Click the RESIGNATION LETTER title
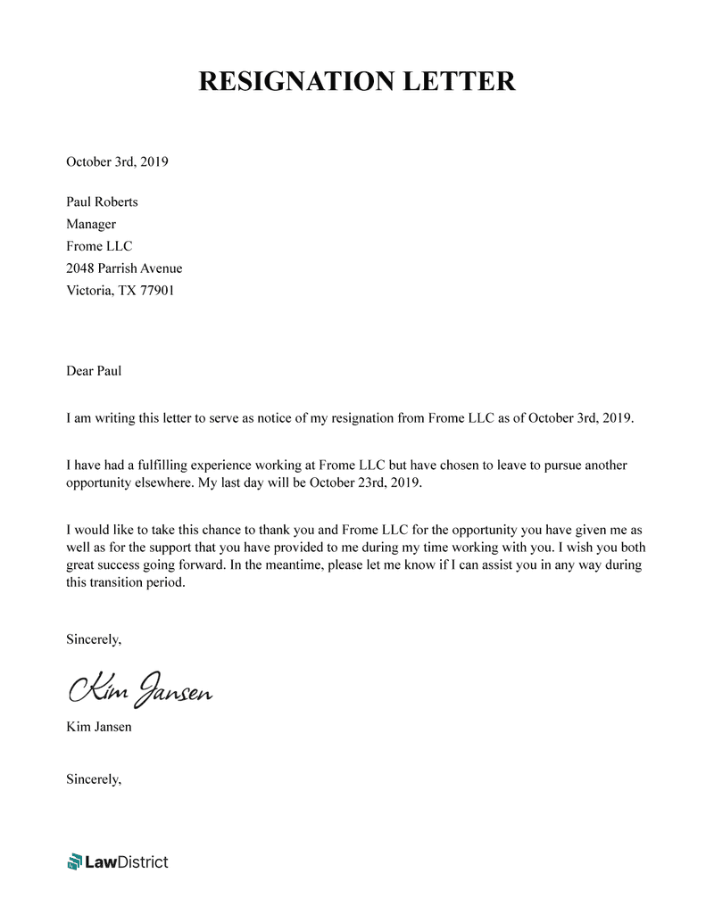pos(356,81)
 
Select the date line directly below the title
pos(117,161)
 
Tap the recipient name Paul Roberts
pos(102,202)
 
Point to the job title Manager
pos(91,224)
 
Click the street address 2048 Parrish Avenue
pos(124,268)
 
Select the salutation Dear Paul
pos(94,370)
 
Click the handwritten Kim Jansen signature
pos(139,689)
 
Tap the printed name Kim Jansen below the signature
pos(99,727)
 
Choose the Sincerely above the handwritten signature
pos(94,639)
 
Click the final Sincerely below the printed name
pos(94,779)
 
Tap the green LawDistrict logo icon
pos(74,861)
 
